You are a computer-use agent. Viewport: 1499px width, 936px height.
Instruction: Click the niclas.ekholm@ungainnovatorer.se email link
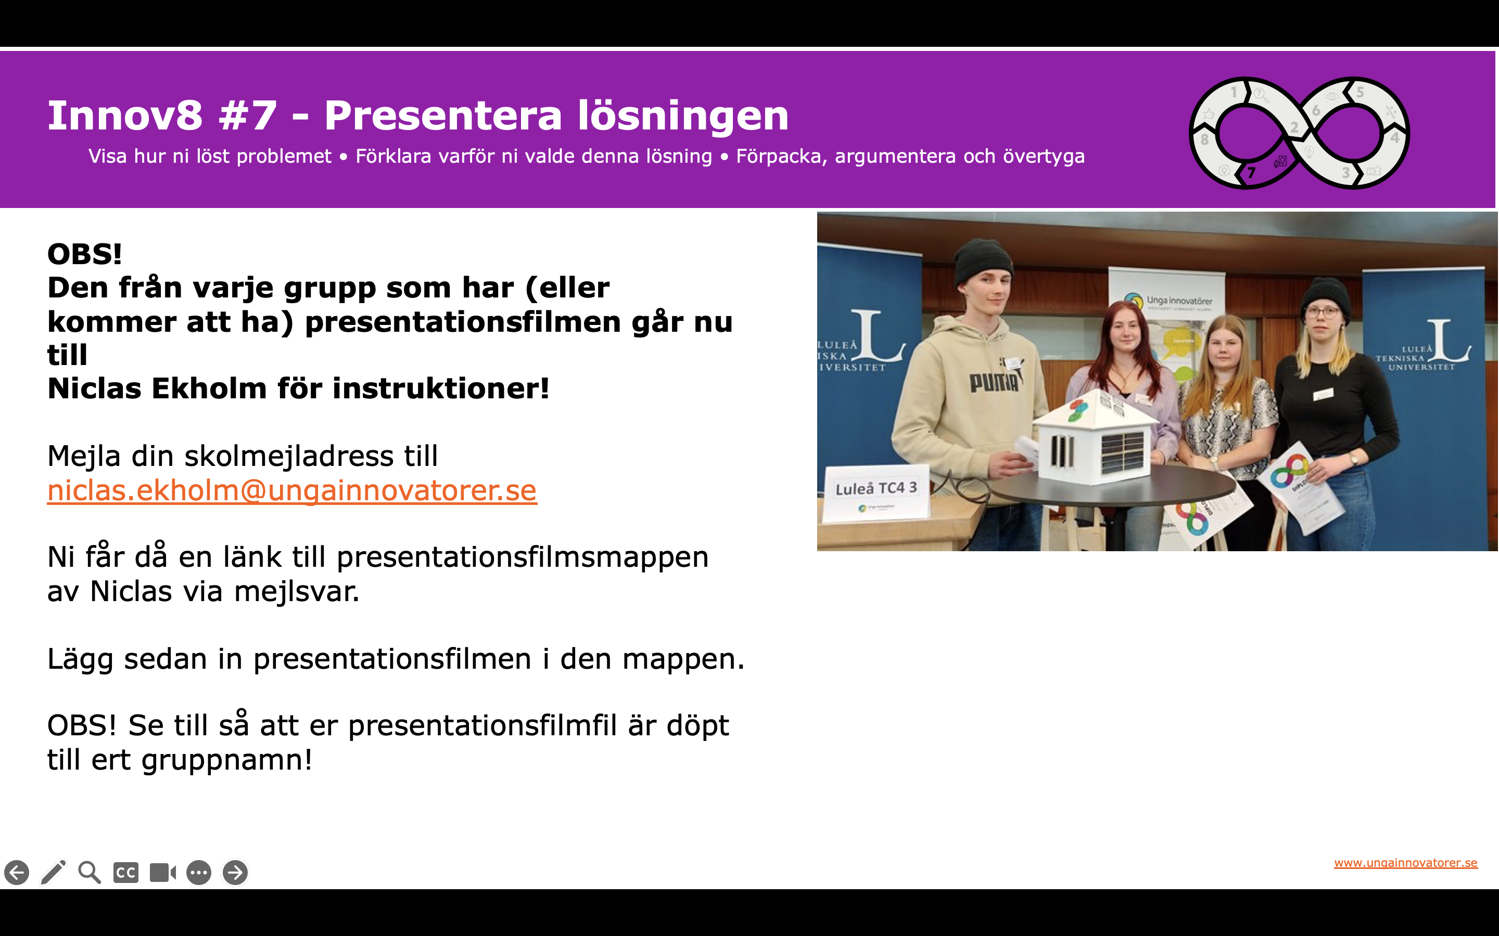(292, 491)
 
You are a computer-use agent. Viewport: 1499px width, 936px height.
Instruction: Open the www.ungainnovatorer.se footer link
(1405, 863)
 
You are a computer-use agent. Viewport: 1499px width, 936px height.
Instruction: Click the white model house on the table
(1096, 436)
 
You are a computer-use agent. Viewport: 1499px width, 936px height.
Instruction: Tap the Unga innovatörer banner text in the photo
(1179, 300)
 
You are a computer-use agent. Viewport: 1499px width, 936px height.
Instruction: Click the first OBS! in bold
(85, 254)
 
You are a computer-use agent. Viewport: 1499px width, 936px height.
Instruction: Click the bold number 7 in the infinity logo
(1252, 173)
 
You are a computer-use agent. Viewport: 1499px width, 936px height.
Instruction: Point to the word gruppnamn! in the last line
(227, 761)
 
